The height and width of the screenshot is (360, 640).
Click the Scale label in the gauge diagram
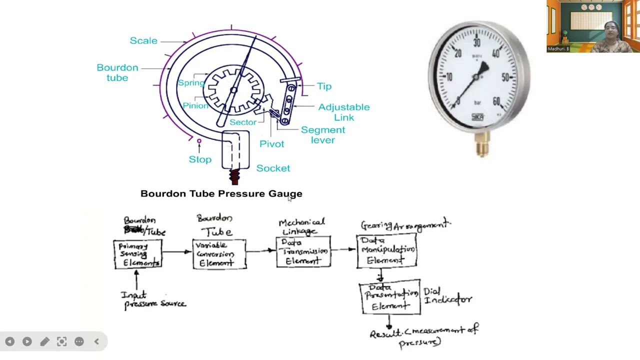coord(143,40)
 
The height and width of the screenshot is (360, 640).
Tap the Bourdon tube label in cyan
coord(117,72)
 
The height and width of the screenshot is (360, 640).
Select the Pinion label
coord(195,105)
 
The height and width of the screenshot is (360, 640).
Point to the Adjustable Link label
coord(344,112)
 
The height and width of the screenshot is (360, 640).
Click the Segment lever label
coord(323,135)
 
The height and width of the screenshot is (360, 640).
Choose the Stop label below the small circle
coord(200,159)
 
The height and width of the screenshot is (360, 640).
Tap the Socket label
coord(273,168)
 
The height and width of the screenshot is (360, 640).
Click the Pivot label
coord(271,144)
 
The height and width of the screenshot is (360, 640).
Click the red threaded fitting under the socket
coord(234,177)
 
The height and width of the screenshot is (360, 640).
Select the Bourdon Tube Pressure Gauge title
coord(221,193)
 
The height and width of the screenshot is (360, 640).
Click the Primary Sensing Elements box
coord(137,254)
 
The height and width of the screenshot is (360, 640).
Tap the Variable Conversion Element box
coord(219,254)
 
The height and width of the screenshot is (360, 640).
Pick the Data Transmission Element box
coord(303,251)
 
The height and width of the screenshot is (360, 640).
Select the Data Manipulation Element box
coord(386,251)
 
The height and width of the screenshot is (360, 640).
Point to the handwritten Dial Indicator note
coord(447,295)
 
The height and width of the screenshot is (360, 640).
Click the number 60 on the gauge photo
coord(496,102)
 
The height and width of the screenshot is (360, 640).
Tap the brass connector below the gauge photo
coord(482,147)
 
